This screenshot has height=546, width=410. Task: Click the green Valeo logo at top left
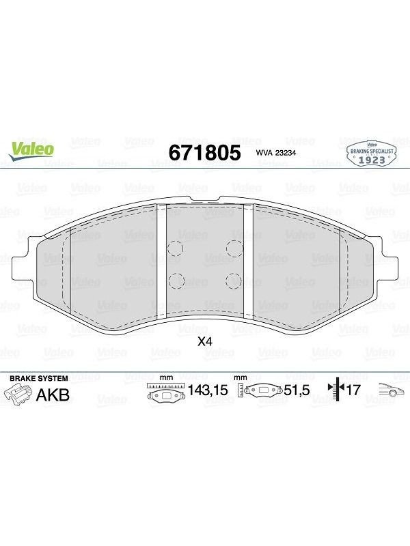point(31,151)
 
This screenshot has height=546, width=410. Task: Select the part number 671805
point(204,152)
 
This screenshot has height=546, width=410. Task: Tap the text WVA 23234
point(276,153)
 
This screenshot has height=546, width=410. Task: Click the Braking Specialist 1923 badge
point(372,154)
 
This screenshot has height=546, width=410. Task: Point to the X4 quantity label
point(204,342)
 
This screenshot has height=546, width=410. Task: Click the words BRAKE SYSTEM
point(39,379)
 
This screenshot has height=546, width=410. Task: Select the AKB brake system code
point(53,395)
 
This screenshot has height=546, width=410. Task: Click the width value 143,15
point(208,390)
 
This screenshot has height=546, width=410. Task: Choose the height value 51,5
point(297,390)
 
